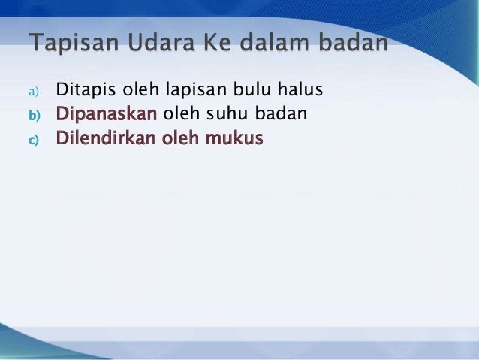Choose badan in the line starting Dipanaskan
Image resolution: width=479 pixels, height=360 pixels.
(x=281, y=115)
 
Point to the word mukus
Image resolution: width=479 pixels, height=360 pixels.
(x=238, y=138)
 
